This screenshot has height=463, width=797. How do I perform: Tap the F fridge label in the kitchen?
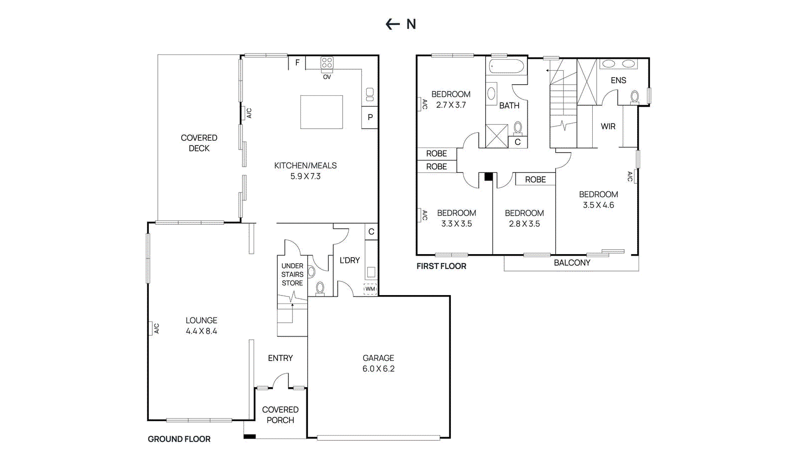pyautogui.click(x=297, y=63)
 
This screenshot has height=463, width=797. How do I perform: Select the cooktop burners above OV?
pyautogui.click(x=327, y=63)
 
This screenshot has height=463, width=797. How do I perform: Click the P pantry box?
pyautogui.click(x=370, y=118)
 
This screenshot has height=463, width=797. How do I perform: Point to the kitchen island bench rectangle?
pyautogui.click(x=321, y=112)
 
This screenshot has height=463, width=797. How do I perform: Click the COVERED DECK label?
pyautogui.click(x=199, y=143)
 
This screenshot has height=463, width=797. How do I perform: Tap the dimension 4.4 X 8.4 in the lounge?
pyautogui.click(x=201, y=331)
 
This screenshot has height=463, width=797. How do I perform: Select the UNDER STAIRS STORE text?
pyautogui.click(x=292, y=274)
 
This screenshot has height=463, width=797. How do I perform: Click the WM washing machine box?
pyautogui.click(x=370, y=289)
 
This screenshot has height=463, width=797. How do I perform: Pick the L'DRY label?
pyautogui.click(x=349, y=260)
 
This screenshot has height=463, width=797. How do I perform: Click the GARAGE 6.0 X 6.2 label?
pyautogui.click(x=378, y=363)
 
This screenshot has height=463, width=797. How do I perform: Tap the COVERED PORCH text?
pyautogui.click(x=280, y=415)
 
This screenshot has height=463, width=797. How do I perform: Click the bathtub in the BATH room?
pyautogui.click(x=506, y=67)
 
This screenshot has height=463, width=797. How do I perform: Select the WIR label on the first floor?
pyautogui.click(x=608, y=127)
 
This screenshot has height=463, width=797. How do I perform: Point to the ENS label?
pyautogui.click(x=618, y=80)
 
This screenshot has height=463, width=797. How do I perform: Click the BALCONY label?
pyautogui.click(x=572, y=263)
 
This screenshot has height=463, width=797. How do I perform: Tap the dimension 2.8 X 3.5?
pyautogui.click(x=524, y=224)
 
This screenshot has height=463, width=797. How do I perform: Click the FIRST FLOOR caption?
pyautogui.click(x=441, y=266)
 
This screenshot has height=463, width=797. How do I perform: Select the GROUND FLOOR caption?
pyautogui.click(x=179, y=439)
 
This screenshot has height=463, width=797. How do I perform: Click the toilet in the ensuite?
pyautogui.click(x=635, y=96)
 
